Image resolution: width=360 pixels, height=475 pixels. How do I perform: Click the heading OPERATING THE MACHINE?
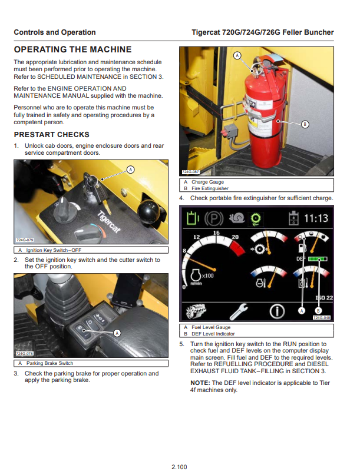click(72, 49)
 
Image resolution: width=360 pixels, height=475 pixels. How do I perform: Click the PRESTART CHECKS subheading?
click(52, 134)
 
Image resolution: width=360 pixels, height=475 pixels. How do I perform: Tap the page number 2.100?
click(179, 467)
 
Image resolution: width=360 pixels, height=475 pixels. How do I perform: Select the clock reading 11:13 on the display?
click(315, 219)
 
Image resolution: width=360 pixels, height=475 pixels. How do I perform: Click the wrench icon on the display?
click(239, 310)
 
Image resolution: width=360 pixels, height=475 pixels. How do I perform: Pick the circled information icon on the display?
click(277, 310)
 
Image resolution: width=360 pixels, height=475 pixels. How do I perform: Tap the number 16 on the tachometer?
click(216, 234)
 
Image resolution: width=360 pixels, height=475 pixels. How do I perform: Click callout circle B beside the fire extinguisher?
click(305, 124)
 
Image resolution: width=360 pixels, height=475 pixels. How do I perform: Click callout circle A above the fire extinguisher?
click(237, 55)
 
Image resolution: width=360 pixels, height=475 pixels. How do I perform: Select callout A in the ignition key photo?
click(131, 170)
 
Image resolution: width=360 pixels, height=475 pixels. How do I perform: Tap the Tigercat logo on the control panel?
click(107, 223)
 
